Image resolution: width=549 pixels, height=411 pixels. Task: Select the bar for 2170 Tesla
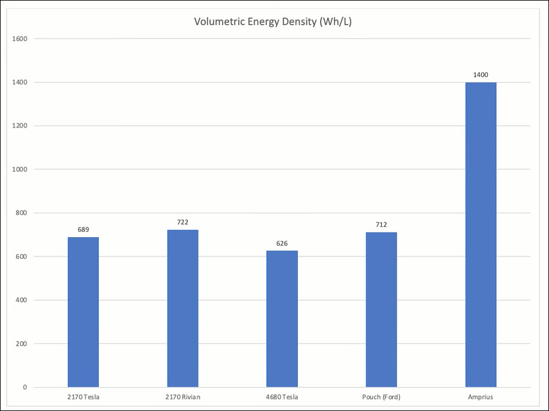[x=83, y=312]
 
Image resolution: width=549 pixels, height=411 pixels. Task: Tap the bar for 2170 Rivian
[x=182, y=308]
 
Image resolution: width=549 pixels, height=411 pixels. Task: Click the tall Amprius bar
[x=481, y=234]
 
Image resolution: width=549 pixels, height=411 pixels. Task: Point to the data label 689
[x=83, y=229]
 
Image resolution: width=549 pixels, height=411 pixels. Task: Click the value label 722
[x=182, y=222]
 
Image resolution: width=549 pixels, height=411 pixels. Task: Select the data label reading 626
[x=282, y=243]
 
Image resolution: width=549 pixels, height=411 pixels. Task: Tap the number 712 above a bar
[x=381, y=225]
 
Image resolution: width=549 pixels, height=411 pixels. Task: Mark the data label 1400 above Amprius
[x=481, y=75]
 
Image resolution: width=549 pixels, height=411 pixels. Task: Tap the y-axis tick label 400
[x=22, y=300]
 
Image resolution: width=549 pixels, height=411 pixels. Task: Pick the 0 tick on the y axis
[x=25, y=388]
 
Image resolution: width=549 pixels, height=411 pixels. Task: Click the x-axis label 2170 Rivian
[x=182, y=397]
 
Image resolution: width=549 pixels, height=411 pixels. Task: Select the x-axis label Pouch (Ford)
[x=381, y=397]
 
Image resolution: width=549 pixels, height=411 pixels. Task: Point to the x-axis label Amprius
[x=481, y=397]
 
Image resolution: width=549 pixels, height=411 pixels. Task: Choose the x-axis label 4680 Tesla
[x=282, y=397]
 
